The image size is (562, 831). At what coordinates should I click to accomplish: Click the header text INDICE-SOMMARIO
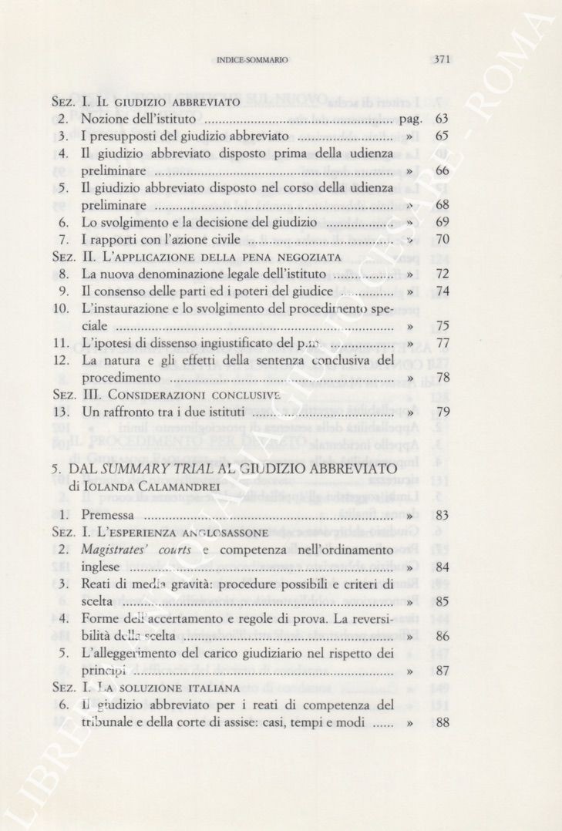(x=253, y=59)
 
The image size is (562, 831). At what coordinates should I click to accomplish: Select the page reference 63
(x=442, y=119)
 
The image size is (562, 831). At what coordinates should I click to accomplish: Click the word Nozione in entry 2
(x=105, y=119)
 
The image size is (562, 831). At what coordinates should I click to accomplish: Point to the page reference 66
(x=442, y=170)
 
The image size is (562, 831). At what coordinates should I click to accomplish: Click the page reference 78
(x=442, y=378)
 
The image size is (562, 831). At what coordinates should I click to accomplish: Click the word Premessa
(x=107, y=515)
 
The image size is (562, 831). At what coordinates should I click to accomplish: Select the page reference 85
(x=442, y=601)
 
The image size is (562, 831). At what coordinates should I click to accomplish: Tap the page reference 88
(x=442, y=722)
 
